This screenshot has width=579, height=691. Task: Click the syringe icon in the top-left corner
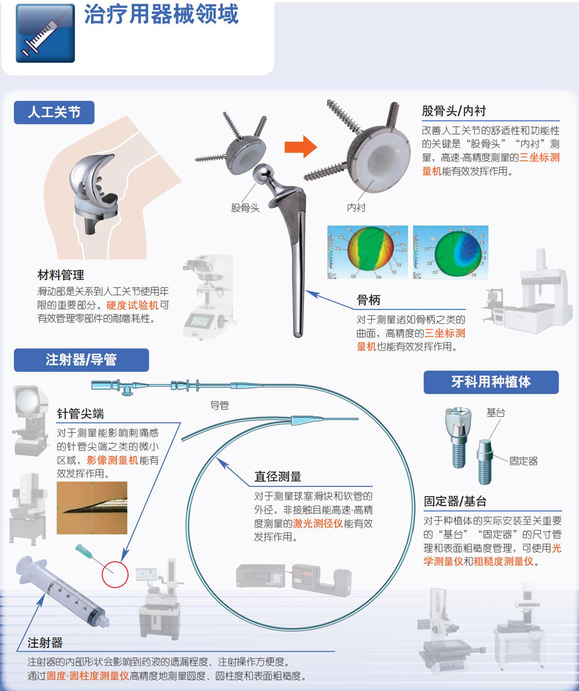45,34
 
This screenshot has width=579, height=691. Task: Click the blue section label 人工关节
54,112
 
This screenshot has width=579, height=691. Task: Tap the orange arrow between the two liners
301,146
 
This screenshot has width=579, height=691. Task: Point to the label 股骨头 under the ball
245,208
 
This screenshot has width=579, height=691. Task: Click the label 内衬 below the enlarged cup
356,208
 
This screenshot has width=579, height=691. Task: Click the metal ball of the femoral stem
263,174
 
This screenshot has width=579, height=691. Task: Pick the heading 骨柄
369,300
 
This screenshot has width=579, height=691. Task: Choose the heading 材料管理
61,275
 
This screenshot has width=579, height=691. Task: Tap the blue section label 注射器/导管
81,360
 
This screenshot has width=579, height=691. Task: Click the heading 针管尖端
80,414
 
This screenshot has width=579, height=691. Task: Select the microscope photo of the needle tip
92,508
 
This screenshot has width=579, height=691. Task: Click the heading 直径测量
278,477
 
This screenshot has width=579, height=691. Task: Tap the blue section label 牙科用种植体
491,382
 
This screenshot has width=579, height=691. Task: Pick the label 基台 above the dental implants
496,413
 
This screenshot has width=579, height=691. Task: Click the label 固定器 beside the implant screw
523,461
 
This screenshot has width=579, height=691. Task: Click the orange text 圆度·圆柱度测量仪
88,676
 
